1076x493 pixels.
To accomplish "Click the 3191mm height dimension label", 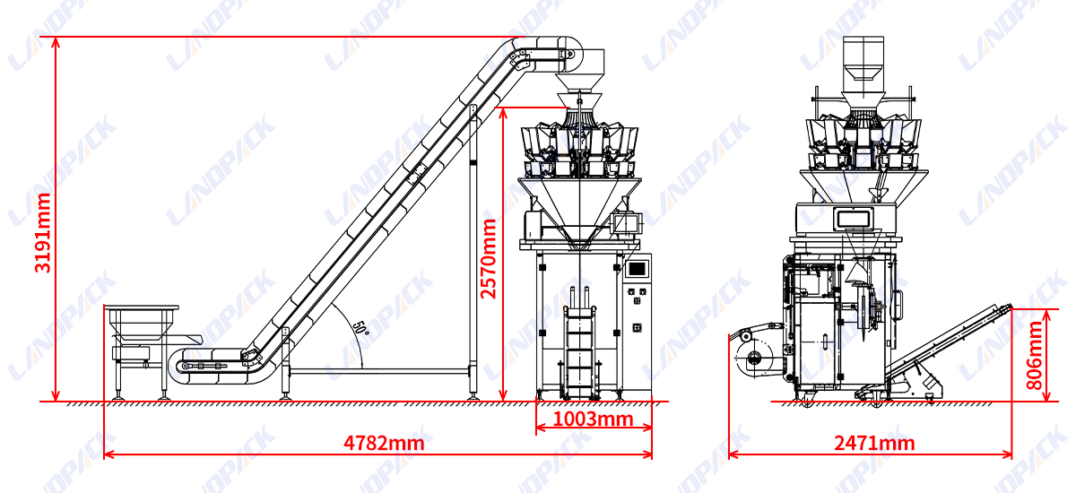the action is pyautogui.click(x=43, y=233).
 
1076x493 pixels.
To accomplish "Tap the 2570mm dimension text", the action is pyautogui.click(x=489, y=259).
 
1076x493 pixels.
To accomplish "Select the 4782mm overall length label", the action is pyautogui.click(x=384, y=443).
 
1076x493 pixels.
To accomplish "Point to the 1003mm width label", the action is pyautogui.click(x=593, y=419).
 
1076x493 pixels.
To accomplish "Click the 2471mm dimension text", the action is pyautogui.click(x=874, y=443).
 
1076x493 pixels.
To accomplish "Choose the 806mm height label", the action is pyautogui.click(x=1034, y=356).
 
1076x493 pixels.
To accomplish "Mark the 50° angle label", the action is pyautogui.click(x=360, y=328).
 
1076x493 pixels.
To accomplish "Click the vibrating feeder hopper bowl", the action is pyautogui.click(x=142, y=323).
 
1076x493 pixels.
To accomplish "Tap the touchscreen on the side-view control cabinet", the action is pyautogui.click(x=637, y=269).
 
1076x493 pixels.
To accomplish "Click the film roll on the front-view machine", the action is pyautogui.click(x=753, y=357).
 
